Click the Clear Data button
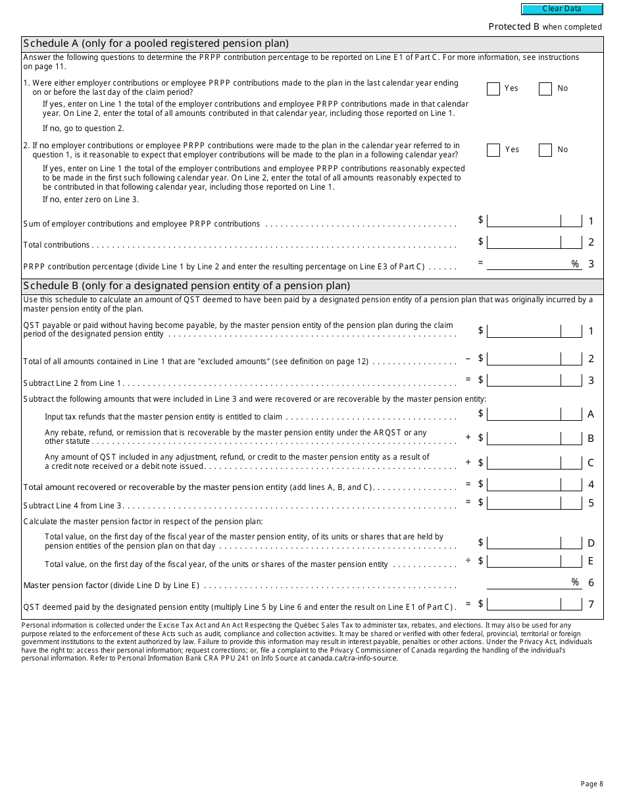click(562, 9)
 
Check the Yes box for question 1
click(493, 89)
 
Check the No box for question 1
click(545, 89)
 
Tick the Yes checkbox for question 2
click(493, 150)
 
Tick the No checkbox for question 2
click(545, 150)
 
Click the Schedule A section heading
click(156, 43)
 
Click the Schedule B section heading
click(186, 286)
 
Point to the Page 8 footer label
click(591, 784)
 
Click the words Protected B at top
click(514, 27)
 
